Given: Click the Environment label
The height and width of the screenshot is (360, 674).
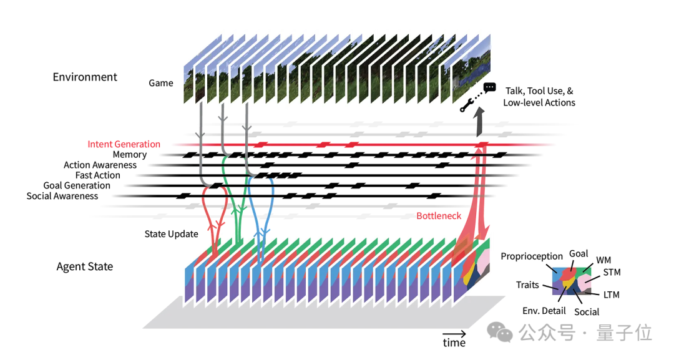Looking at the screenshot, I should coord(85,77).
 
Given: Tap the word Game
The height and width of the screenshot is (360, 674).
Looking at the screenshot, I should coord(161,83).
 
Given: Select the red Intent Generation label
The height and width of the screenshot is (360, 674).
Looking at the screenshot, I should coord(124,144).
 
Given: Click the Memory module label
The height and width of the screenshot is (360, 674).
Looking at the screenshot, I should coord(130,155).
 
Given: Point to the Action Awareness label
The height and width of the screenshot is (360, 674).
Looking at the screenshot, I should coord(100,165).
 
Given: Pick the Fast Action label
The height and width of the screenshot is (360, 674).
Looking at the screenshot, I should coord(98,175).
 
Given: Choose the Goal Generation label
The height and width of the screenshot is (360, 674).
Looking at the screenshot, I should coord(77,185).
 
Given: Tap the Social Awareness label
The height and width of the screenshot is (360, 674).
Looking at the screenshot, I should coord(62,196).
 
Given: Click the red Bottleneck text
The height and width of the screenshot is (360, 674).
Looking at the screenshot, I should coord(439,216).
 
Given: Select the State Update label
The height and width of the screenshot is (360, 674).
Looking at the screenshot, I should coord(172,234).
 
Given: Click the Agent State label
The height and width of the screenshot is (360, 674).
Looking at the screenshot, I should coord(85,266).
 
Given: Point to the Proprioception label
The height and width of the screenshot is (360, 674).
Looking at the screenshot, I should coord(532,256).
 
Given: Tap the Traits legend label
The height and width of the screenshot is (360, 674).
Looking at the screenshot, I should coord(527,285).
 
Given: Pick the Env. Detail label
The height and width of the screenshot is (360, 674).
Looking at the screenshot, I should coord(544,311).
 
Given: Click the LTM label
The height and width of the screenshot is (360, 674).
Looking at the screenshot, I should coord(612,294).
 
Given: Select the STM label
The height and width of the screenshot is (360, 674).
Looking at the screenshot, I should coord(612,273).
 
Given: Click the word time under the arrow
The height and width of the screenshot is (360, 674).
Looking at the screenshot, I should coord(454,343).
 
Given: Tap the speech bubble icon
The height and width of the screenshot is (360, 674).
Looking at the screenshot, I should coord(490,89).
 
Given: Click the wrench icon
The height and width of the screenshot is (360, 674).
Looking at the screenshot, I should coord(466,107).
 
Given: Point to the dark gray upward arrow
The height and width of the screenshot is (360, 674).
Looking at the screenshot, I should coord(480,124).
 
